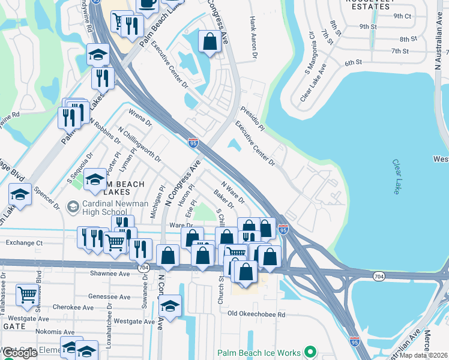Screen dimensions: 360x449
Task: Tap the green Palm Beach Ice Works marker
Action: click(310, 352)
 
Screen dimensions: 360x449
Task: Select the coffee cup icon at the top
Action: click(147, 4)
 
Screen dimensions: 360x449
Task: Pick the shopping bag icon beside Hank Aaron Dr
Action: click(209, 43)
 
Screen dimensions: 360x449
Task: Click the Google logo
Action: click(20, 352)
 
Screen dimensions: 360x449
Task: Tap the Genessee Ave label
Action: click(109, 296)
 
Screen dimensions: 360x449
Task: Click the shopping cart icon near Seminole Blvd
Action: click(26, 295)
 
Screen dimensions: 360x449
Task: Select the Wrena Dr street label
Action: click(140, 116)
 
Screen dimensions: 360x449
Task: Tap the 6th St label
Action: click(354, 62)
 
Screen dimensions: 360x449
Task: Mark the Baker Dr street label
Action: click(224, 199)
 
